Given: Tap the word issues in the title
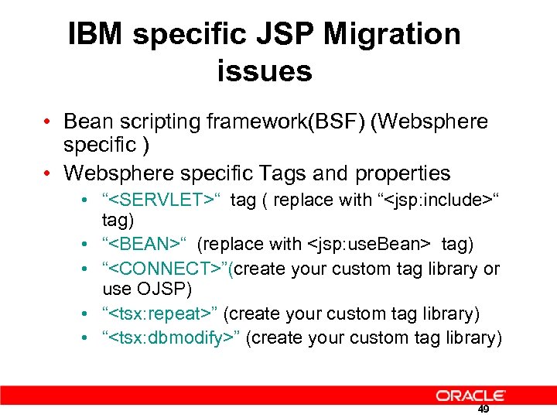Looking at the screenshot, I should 265,71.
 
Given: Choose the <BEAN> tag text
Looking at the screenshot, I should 145,245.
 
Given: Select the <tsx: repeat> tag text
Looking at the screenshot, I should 162,313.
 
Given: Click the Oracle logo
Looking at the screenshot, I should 470,396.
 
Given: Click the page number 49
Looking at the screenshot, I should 484,409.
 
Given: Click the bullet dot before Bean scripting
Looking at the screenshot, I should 48,122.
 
